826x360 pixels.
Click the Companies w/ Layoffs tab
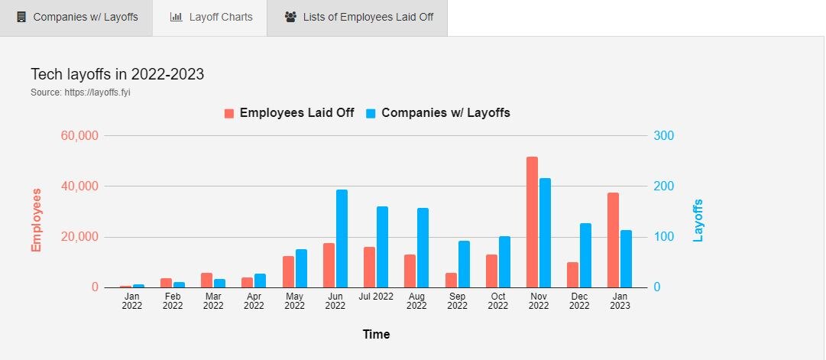77,17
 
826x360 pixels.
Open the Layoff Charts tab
211,17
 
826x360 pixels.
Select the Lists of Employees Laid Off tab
358,17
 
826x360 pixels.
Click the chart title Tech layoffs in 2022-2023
117,74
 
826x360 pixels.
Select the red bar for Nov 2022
532,222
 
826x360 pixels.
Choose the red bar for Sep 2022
451,280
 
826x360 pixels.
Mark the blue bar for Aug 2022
423,248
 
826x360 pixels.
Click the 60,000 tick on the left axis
79,136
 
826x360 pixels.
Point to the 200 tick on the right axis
662,186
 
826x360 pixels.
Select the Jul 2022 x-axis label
376,296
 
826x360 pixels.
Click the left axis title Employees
36,219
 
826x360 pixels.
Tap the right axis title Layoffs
698,220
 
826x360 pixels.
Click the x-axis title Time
376,334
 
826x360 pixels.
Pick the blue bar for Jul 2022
382,247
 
